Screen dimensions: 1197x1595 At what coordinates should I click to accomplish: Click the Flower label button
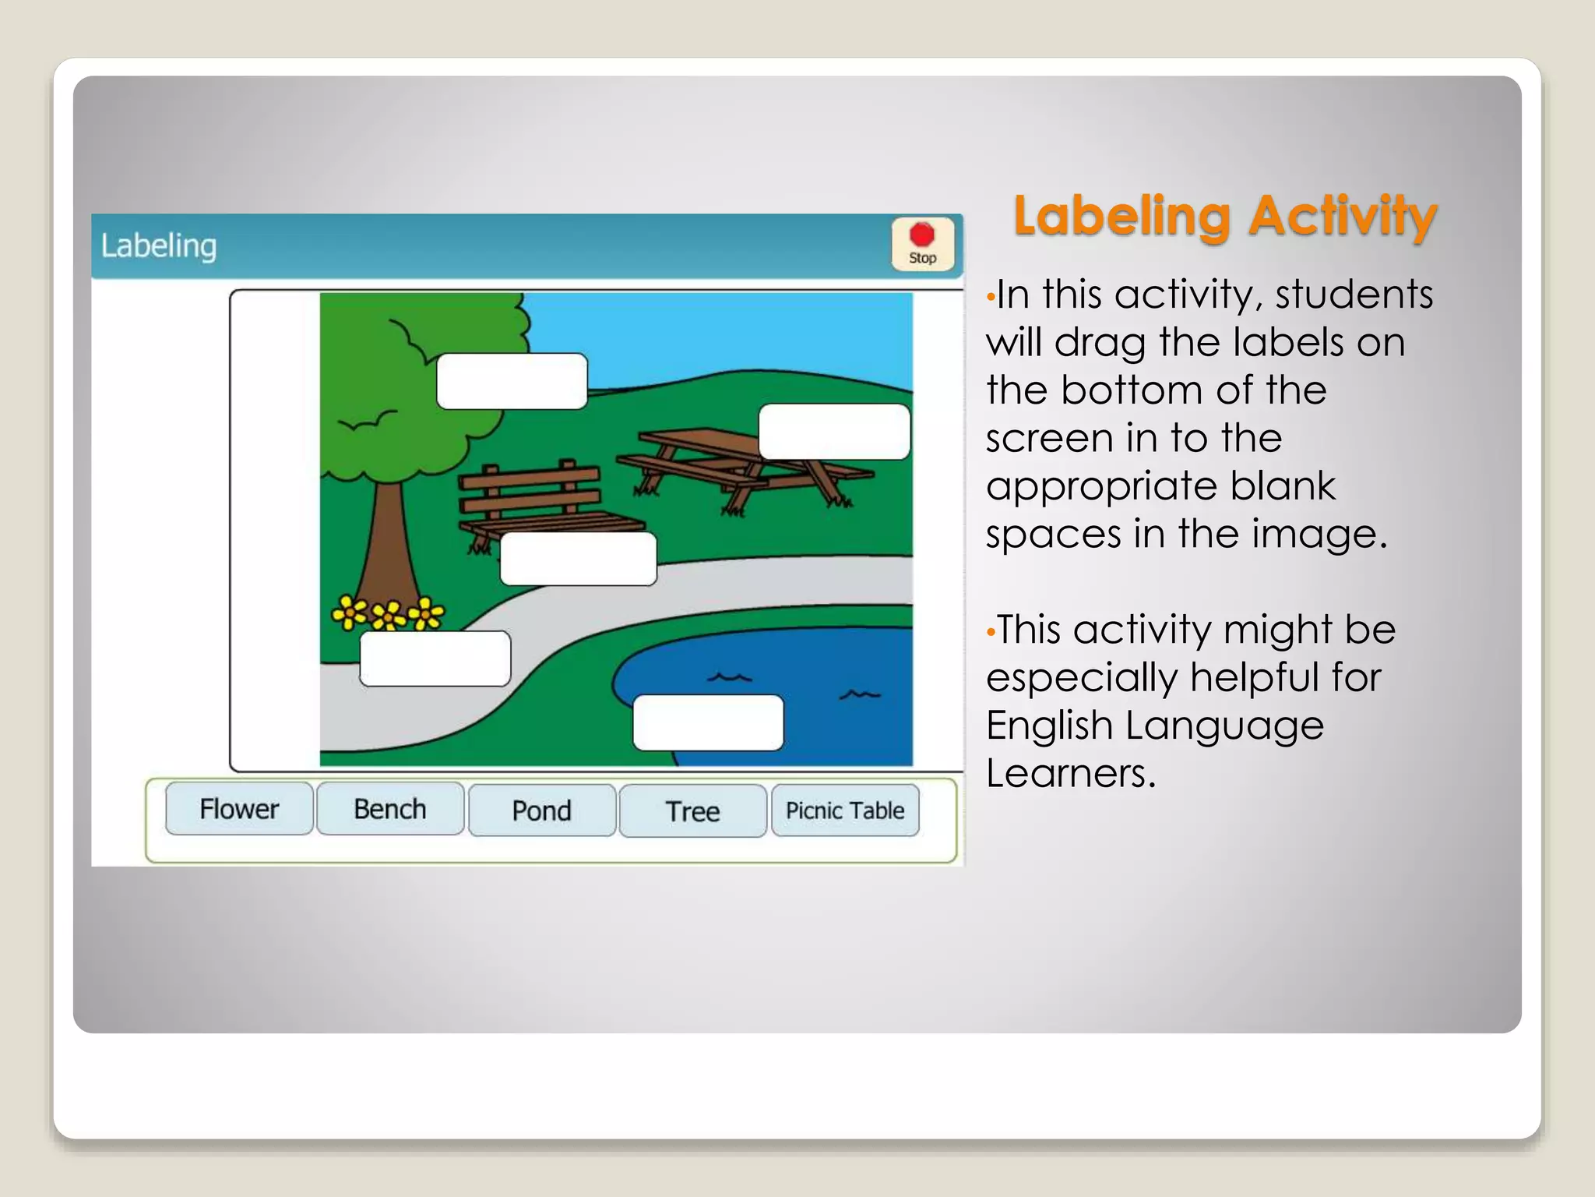239,809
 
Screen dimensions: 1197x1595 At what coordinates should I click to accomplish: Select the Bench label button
390,809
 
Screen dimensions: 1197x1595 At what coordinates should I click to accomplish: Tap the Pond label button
541,810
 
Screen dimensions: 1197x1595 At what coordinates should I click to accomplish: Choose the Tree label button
692,811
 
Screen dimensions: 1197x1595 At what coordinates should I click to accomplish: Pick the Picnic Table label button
845,810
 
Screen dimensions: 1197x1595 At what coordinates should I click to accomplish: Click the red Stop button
922,244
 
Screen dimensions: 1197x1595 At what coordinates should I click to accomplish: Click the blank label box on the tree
512,381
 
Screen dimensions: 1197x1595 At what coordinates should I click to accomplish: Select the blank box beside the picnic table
834,432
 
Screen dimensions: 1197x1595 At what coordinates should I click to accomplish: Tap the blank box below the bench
578,559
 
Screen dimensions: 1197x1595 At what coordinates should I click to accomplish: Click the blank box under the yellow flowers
435,659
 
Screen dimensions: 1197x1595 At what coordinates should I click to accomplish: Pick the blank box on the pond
708,722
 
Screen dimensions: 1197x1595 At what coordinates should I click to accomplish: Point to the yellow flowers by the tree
388,613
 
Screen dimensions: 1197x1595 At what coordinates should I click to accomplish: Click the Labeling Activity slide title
1224,216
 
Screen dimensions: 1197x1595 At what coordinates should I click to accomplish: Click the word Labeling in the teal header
159,245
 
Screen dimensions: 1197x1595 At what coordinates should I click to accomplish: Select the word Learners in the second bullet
1070,773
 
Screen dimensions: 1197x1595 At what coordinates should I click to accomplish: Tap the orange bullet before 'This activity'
991,630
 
